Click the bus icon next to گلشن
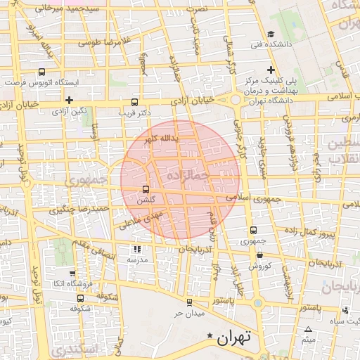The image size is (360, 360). pyautogui.click(x=146, y=189)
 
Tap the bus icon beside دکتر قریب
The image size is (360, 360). pyautogui.click(x=135, y=101)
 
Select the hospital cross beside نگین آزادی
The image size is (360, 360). pyautogui.click(x=69, y=101)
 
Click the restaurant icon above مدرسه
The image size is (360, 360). pyautogui.click(x=136, y=249)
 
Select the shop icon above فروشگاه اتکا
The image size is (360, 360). pyautogui.click(x=72, y=274)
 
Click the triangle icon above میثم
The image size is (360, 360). pyautogui.click(x=308, y=330)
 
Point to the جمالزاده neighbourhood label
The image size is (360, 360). pyautogui.click(x=190, y=174)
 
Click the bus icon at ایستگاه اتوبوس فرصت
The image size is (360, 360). pyautogui.click(x=41, y=72)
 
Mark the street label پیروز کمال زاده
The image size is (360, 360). pyautogui.click(x=312, y=231)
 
